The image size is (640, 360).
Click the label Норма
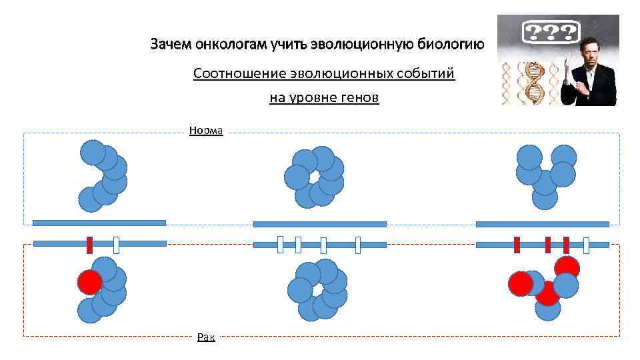coord(206,131)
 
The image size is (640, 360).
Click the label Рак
coord(206,337)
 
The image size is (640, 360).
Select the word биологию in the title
coord(449,45)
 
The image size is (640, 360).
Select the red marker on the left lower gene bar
coord(89,245)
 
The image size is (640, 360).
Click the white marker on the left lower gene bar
coord(117,245)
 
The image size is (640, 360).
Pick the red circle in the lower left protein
coord(89,283)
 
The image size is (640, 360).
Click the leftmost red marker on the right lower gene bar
coord(517,245)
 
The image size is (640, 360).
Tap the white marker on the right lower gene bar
coord(586,245)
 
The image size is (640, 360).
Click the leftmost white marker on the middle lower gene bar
coord(280,245)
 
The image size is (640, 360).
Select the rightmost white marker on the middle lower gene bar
coord(358,245)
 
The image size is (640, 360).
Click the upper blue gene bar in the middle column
coord(319,224)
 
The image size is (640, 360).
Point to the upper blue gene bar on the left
coord(99,223)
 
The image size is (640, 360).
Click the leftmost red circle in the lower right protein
coord(521,284)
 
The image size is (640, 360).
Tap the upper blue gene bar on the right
coord(542,224)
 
